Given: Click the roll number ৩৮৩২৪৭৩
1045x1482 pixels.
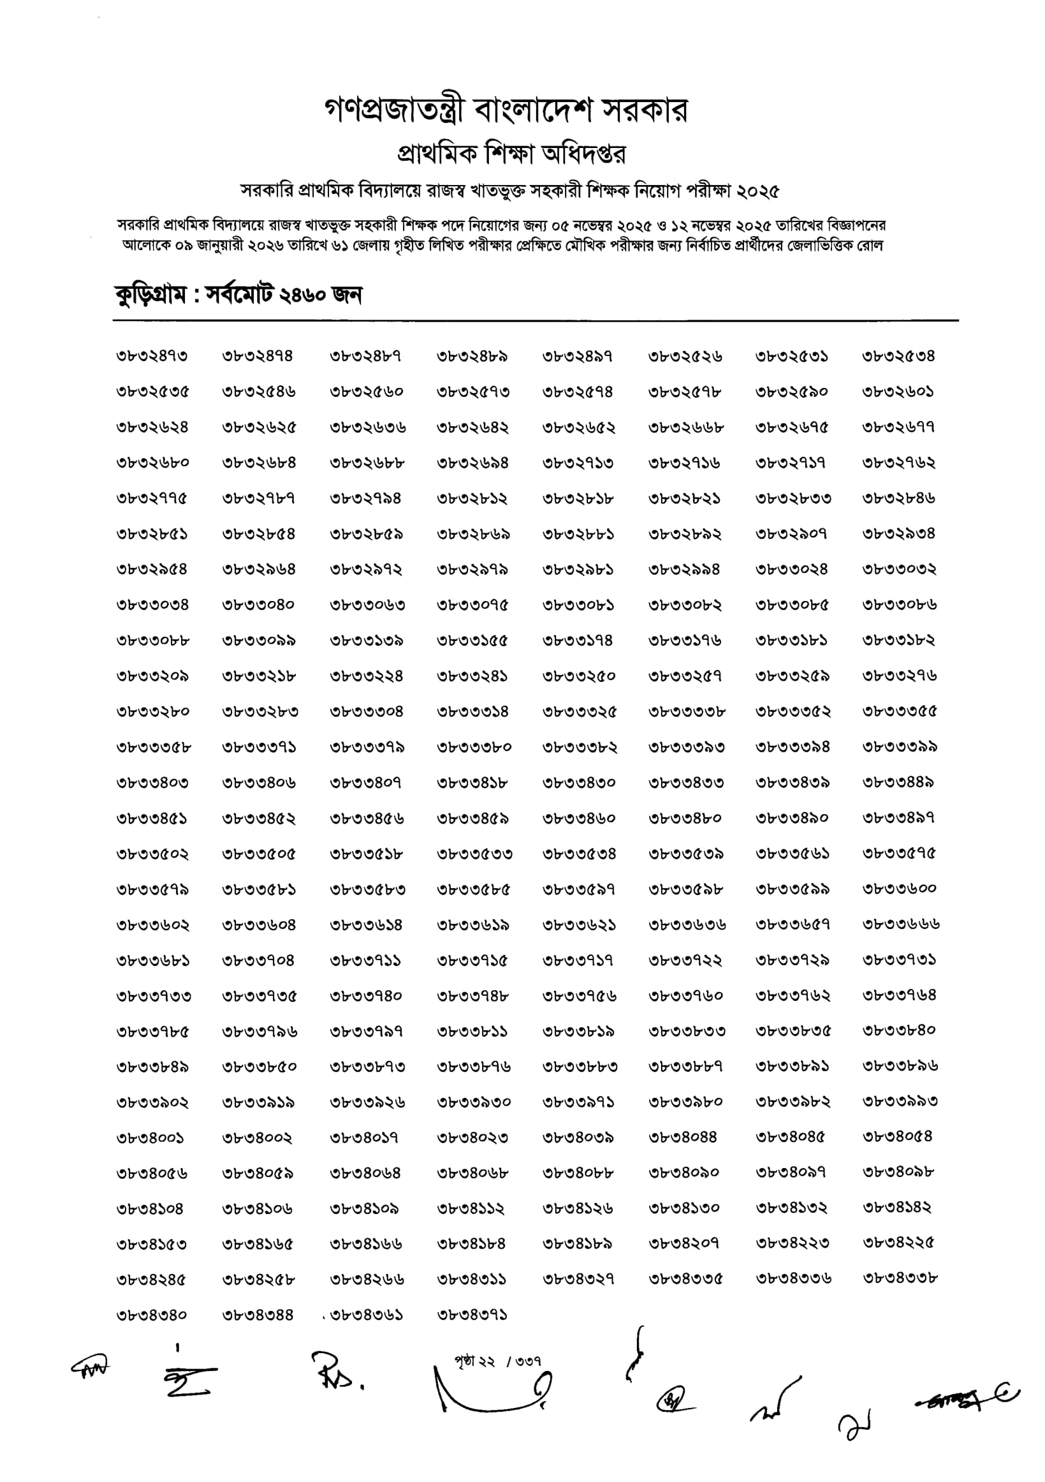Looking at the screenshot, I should (x=152, y=356).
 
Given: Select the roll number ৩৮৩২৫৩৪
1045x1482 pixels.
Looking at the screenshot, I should (x=898, y=356).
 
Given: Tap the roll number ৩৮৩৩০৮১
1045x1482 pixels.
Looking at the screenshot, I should (x=578, y=605).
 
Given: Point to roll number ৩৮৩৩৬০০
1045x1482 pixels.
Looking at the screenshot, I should (x=899, y=889).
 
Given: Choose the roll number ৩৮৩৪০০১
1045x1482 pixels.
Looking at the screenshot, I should (x=150, y=1138).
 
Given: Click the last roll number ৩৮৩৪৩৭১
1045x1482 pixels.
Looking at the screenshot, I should (x=472, y=1315).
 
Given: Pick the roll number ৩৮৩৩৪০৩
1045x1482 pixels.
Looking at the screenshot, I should (x=152, y=783).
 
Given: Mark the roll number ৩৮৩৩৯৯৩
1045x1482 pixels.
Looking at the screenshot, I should (x=900, y=1102).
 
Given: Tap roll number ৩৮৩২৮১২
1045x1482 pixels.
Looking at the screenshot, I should (x=472, y=499).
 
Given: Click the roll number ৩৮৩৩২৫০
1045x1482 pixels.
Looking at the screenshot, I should (x=579, y=676).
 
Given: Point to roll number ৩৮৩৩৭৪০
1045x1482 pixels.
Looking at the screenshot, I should (x=366, y=996).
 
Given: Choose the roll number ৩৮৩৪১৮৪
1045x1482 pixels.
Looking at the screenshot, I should (x=472, y=1243).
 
